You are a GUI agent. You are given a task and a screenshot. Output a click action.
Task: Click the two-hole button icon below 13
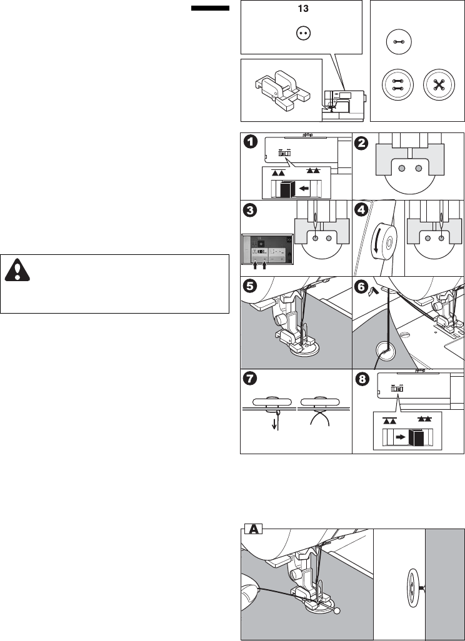click(302, 34)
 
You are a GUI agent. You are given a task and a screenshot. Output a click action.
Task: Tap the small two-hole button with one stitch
click(396, 42)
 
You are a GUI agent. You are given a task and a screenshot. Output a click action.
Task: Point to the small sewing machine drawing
click(346, 102)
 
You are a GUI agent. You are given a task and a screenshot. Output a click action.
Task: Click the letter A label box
click(252, 529)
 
